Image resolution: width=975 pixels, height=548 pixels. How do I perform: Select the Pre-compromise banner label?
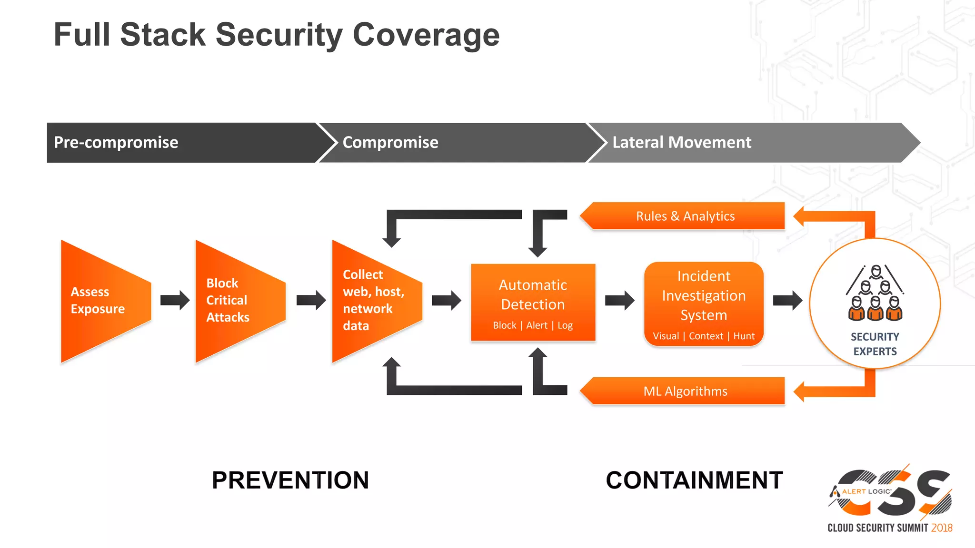tap(116, 142)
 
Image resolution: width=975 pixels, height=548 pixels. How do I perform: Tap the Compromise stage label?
tap(390, 142)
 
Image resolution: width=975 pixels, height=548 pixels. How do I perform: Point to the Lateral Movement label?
tap(682, 142)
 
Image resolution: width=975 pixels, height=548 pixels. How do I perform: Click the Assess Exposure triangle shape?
tap(102, 301)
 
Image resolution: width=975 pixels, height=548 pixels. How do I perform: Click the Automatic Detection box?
tap(533, 302)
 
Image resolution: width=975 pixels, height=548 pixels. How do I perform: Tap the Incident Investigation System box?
tap(704, 303)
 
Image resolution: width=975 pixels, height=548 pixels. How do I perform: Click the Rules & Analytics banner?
tap(685, 216)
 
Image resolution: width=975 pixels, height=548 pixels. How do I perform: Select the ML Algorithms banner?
tap(685, 391)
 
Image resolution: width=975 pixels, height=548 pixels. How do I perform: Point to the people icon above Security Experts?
tap(875, 294)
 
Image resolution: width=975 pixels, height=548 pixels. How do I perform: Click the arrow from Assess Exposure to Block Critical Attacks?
tap(175, 300)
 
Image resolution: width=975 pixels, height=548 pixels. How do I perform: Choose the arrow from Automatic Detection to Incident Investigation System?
tap(619, 300)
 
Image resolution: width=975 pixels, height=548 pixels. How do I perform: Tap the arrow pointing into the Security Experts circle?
tap(787, 300)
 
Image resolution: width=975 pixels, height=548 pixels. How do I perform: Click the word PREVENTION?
tap(290, 480)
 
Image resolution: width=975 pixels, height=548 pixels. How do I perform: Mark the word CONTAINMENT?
tap(694, 480)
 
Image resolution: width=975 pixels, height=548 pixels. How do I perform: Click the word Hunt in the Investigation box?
tap(744, 336)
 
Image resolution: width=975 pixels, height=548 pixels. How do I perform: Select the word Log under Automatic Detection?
tap(565, 325)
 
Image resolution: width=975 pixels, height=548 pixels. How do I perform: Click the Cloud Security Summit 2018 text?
tap(889, 528)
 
